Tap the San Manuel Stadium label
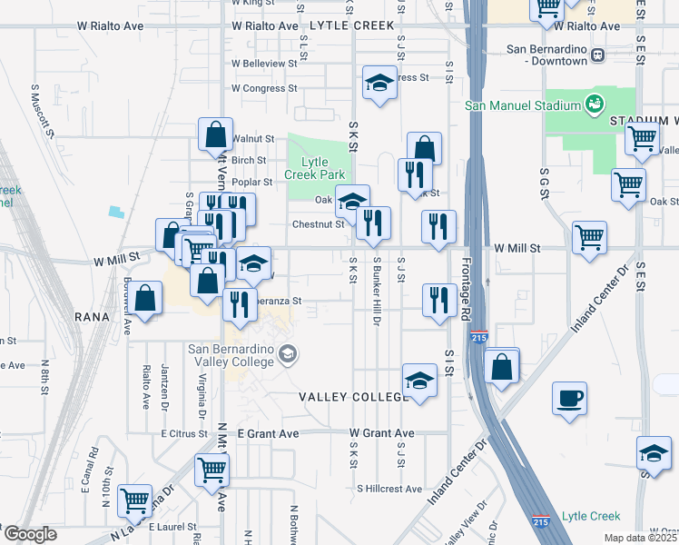coord(522,104)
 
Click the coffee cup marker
coord(569,398)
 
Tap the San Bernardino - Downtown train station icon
coord(597,54)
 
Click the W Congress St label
coord(264,89)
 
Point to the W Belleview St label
coord(264,64)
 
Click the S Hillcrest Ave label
coord(389,489)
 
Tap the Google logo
coord(29,534)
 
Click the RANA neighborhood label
coord(93,317)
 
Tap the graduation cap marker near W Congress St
coord(380,84)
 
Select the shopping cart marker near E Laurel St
coord(134,499)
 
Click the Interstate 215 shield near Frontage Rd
coord(479,336)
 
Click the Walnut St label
coord(253,139)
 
